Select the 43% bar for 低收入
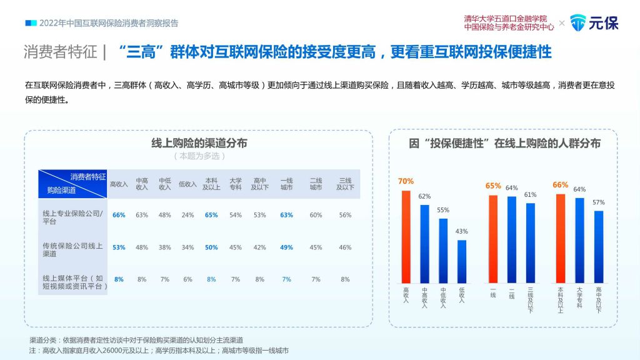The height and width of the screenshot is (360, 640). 462,261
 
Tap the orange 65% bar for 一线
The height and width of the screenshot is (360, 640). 493,239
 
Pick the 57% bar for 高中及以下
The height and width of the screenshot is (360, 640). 599,247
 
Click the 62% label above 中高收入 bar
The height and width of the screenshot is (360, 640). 424,196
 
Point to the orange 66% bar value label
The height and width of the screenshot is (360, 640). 560,185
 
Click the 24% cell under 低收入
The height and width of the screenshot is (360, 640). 187,215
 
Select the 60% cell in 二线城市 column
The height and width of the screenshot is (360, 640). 316,215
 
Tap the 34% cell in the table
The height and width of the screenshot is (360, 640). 187,247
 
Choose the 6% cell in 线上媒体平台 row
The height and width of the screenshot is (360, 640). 187,279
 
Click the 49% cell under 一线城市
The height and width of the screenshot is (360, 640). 286,247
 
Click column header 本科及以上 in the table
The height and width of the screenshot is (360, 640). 211,184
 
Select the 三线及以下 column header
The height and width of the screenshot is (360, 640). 345,184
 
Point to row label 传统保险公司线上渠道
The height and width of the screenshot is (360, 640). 69,250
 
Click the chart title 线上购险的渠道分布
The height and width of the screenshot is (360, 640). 199,143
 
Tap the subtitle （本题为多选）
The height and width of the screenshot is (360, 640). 199,156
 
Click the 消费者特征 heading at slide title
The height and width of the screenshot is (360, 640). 59,51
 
